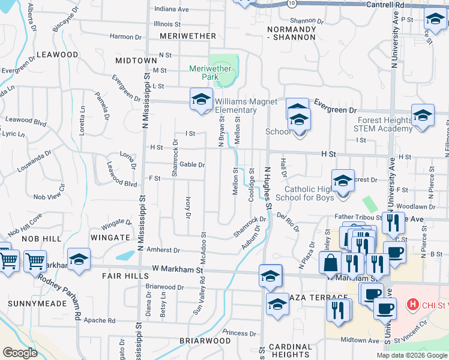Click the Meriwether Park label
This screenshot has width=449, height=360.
pyautogui.click(x=210, y=73)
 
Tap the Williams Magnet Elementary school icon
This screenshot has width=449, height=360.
pyautogui.click(x=201, y=100)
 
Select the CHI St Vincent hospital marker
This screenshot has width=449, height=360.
pyautogui.click(x=412, y=305)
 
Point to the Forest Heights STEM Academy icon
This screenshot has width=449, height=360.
pyautogui.click(x=423, y=115)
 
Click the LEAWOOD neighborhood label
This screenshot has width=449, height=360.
pyautogui.click(x=58, y=55)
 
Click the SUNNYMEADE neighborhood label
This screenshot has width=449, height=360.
pyautogui.click(x=34, y=304)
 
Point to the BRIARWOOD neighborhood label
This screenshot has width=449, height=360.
pyautogui.click(x=205, y=340)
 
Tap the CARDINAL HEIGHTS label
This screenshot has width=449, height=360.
pyautogui.click(x=289, y=351)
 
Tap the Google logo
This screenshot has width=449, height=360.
pyautogui.click(x=20, y=353)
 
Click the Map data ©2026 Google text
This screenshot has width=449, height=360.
pyautogui.click(x=411, y=355)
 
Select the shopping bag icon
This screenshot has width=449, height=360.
pyautogui.click(x=331, y=262)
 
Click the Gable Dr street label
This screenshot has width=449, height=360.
pyautogui.click(x=192, y=164)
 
